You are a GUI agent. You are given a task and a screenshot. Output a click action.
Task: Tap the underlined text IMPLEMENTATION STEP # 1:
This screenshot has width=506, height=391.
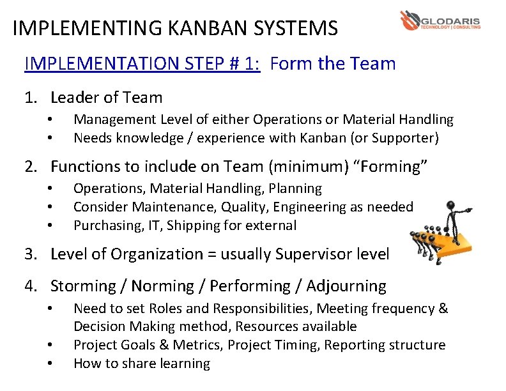click(x=142, y=64)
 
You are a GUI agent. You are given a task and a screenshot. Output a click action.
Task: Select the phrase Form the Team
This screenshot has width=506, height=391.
click(x=333, y=64)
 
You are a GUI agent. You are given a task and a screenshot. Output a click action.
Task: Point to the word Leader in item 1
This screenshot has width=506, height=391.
click(x=73, y=98)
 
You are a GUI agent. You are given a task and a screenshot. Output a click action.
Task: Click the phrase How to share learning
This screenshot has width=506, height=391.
click(x=142, y=364)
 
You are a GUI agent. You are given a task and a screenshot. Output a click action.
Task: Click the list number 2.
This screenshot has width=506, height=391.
click(x=29, y=167)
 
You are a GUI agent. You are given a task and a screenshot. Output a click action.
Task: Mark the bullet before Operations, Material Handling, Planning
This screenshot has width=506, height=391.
click(x=49, y=188)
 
